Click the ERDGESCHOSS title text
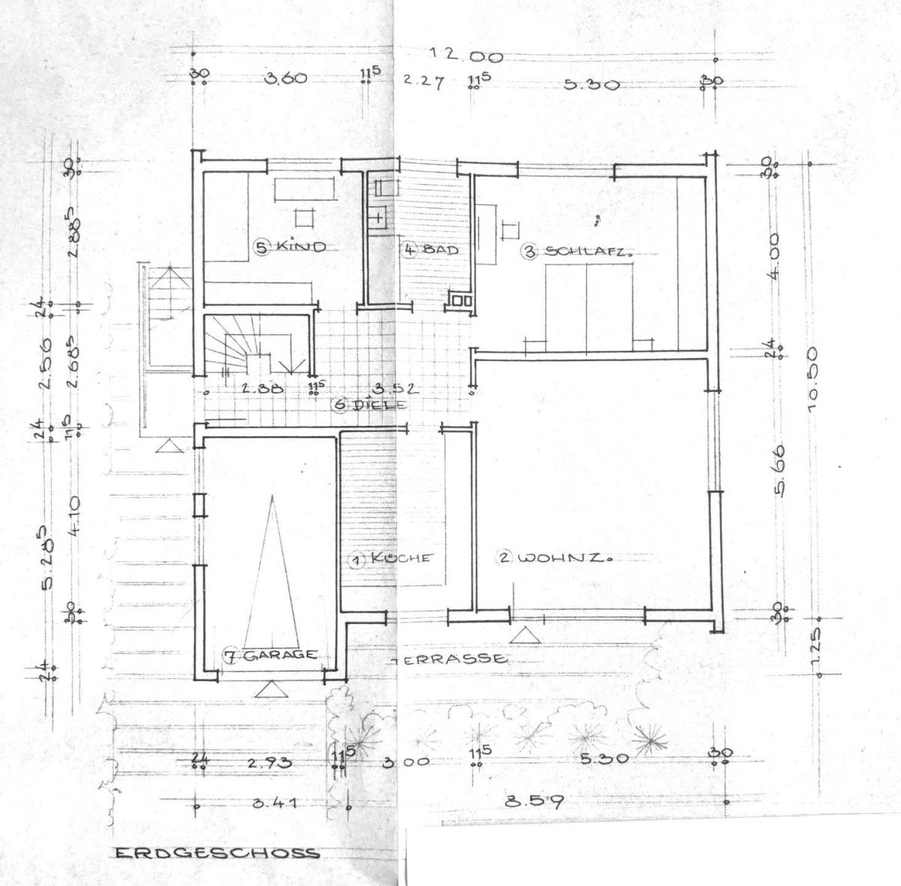pos(216,853)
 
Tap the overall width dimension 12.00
pos(455,56)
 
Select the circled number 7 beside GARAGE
pos(232,655)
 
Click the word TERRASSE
pos(448,659)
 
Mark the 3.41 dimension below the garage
pos(276,803)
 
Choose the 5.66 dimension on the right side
pos(780,480)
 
